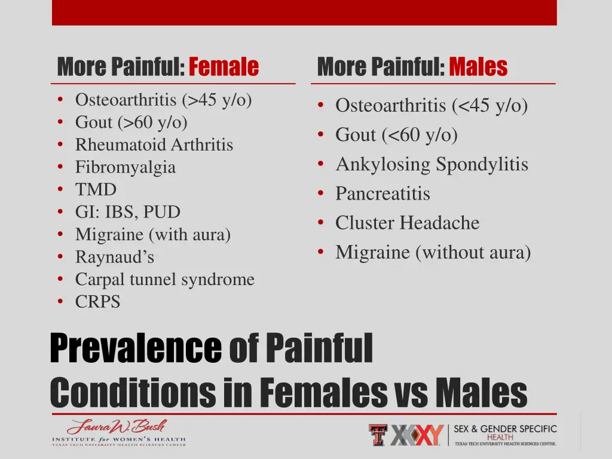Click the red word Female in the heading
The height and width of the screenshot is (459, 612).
224,67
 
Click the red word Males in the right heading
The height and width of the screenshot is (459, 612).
478,67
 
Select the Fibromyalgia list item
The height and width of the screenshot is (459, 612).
126,167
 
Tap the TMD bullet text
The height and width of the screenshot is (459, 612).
96,190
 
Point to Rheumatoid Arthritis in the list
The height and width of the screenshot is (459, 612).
154,145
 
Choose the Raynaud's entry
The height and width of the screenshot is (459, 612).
115,257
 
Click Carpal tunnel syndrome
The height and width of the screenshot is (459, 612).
165,279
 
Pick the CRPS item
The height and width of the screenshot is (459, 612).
97,302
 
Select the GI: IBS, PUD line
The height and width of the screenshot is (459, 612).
128,212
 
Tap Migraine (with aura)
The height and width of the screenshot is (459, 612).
153,235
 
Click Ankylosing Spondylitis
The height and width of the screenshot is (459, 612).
432,164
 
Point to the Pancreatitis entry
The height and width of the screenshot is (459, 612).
382,194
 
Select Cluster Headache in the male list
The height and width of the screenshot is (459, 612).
407,223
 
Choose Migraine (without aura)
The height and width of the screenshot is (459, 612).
433,252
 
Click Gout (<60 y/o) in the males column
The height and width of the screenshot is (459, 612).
396,135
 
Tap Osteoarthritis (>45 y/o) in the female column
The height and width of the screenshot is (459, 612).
164,100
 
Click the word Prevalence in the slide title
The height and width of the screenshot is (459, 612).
136,348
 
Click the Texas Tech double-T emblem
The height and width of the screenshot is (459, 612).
378,434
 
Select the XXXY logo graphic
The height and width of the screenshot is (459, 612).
418,434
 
